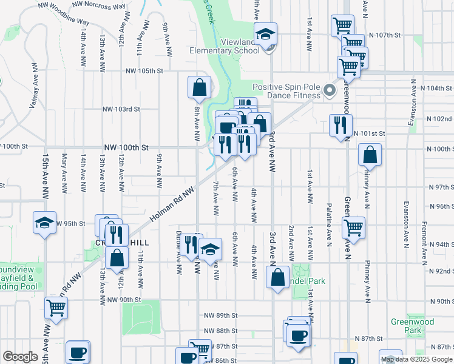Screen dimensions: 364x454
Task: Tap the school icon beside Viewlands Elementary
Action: [x=265, y=35]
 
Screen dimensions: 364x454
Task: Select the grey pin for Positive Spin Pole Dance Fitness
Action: [x=330, y=91]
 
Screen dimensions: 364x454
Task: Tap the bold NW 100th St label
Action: [x=126, y=147]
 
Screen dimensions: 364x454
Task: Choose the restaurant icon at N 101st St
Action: [x=340, y=125]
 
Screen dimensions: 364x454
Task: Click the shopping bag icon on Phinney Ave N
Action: [x=370, y=155]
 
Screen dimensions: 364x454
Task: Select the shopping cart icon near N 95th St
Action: [x=353, y=228]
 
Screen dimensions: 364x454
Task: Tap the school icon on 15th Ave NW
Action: [x=44, y=223]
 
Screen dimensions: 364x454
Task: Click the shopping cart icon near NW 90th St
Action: [x=56, y=308]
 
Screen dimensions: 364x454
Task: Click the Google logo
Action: [x=20, y=356]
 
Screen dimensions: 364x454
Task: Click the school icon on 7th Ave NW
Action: [x=210, y=249]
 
